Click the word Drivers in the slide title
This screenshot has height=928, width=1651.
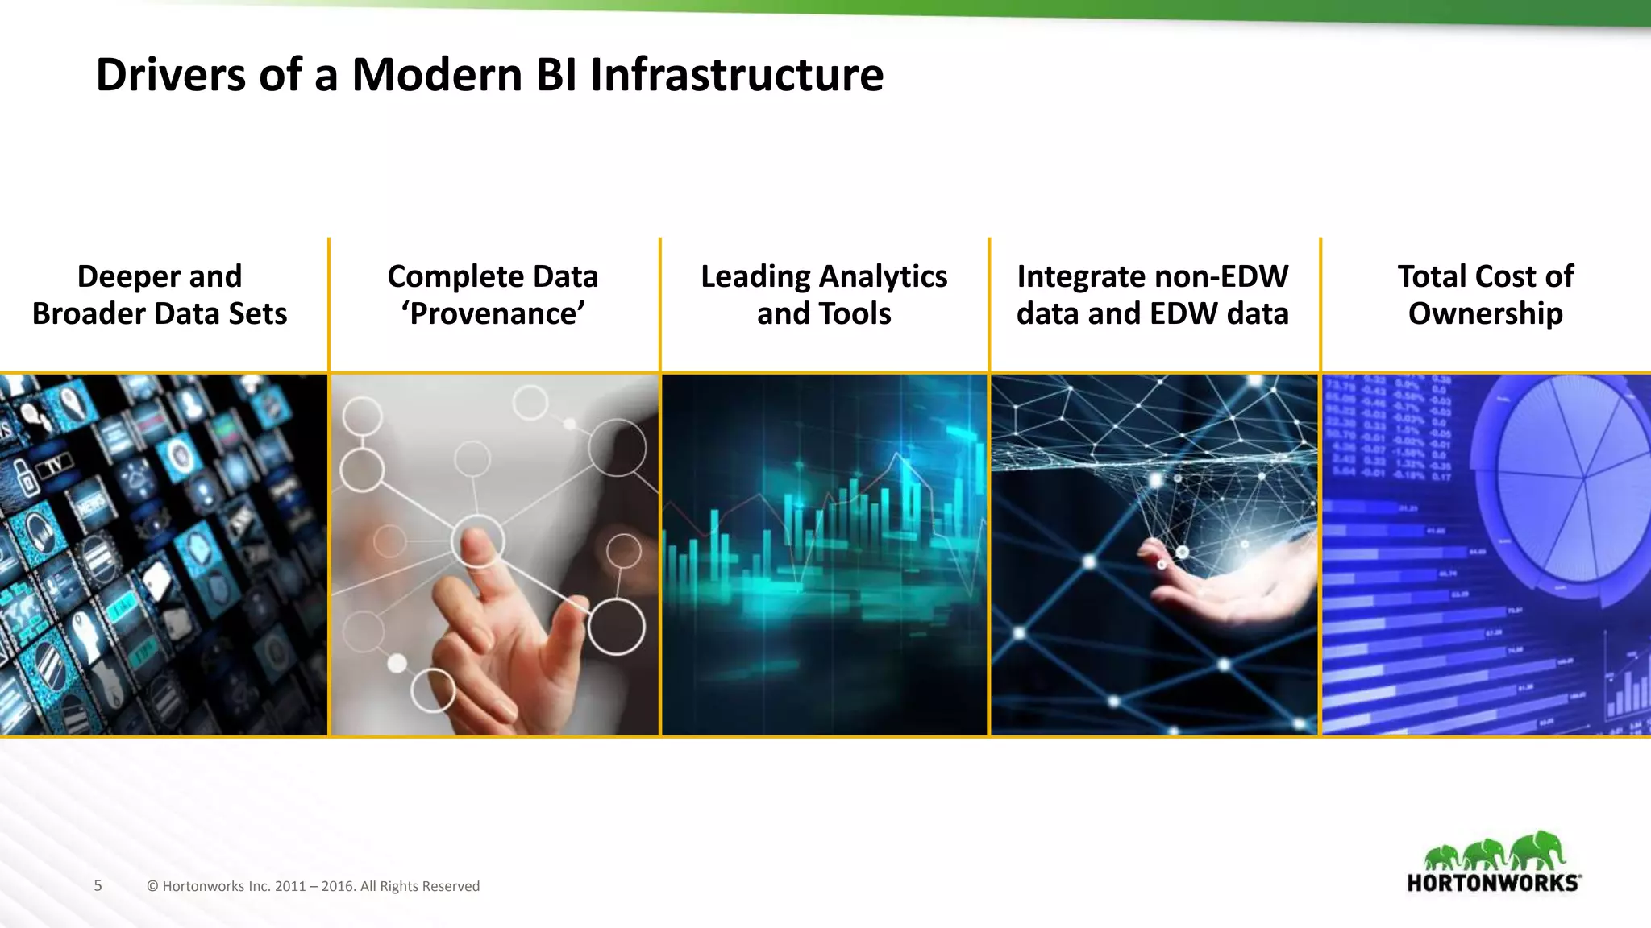tap(170, 75)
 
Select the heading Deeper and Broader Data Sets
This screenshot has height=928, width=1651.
tap(160, 295)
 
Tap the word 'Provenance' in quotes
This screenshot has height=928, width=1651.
tap(493, 313)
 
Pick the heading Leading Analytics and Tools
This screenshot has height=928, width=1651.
tap(824, 295)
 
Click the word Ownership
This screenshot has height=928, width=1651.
tap(1485, 313)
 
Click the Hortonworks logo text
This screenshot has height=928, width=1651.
tap(1493, 883)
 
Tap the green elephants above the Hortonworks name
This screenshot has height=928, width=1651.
tap(1494, 852)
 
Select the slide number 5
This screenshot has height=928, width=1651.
tap(98, 885)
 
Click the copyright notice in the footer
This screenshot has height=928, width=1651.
tap(313, 886)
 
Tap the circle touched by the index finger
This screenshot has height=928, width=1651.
tap(477, 541)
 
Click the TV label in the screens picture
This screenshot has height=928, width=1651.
tap(53, 466)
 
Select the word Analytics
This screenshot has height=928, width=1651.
tap(884, 276)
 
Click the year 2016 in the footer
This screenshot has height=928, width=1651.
tap(337, 886)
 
